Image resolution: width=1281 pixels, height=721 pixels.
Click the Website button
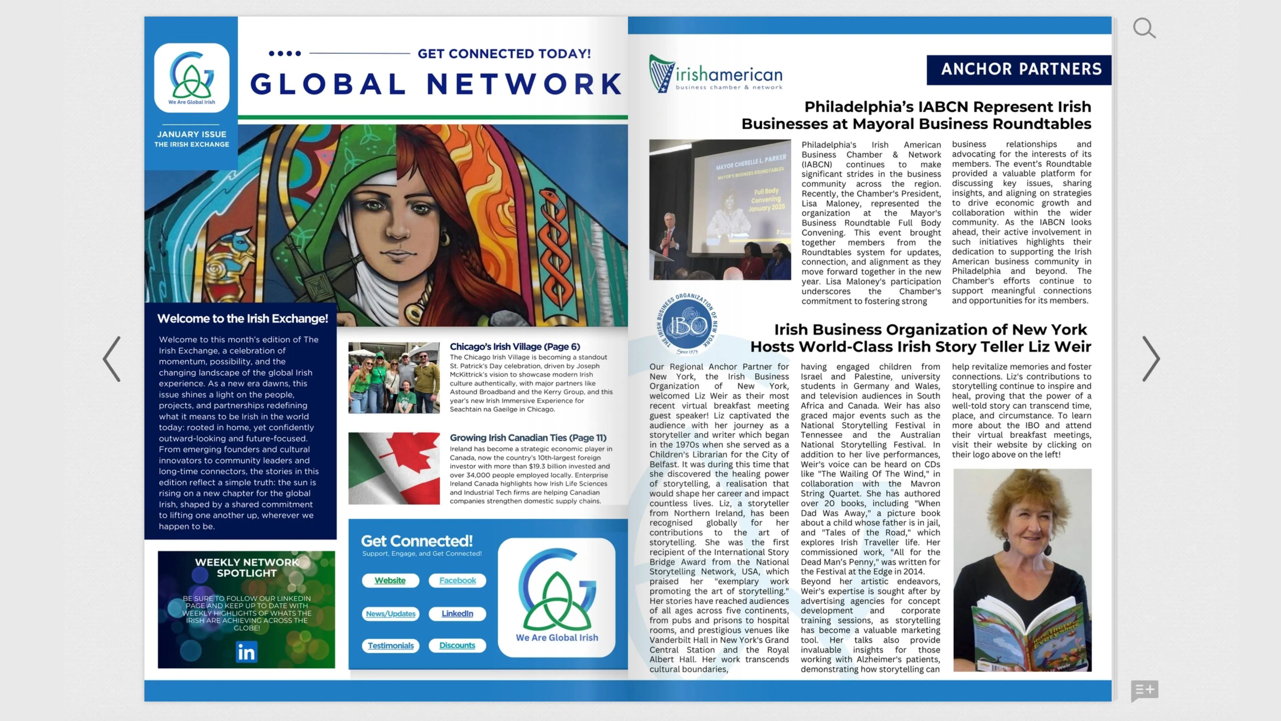point(390,580)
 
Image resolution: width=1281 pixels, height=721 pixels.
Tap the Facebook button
point(457,580)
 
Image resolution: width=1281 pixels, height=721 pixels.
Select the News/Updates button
point(390,614)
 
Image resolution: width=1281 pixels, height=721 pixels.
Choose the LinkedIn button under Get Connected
point(457,614)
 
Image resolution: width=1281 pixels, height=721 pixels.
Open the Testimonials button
point(390,645)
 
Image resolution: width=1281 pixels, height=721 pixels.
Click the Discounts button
point(457,645)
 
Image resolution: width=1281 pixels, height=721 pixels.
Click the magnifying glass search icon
point(1144,28)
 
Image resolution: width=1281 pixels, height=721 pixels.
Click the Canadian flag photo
point(394,468)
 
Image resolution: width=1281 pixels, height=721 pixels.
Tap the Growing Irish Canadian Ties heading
point(528,437)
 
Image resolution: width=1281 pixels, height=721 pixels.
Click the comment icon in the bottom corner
point(1144,690)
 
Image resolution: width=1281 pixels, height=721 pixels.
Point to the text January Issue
point(191,134)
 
